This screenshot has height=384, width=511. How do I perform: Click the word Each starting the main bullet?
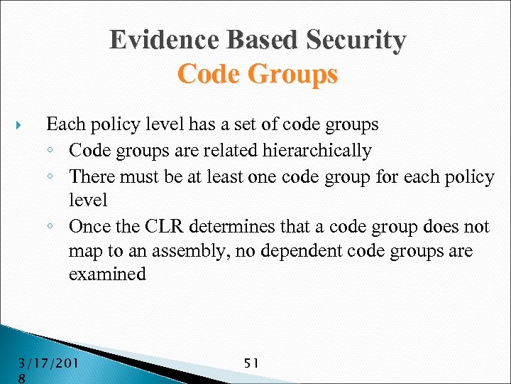click(66, 124)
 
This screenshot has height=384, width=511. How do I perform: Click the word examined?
click(107, 274)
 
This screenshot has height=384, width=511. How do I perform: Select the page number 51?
click(251, 363)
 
